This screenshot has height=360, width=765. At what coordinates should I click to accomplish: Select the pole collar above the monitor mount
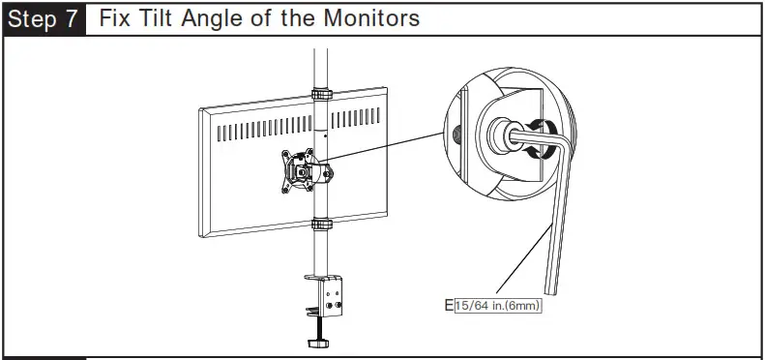click(320, 94)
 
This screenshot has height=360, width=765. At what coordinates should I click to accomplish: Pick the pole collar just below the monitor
click(320, 225)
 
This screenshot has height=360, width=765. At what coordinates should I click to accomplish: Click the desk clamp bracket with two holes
click(335, 298)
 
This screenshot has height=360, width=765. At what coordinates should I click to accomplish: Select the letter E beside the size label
click(449, 307)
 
